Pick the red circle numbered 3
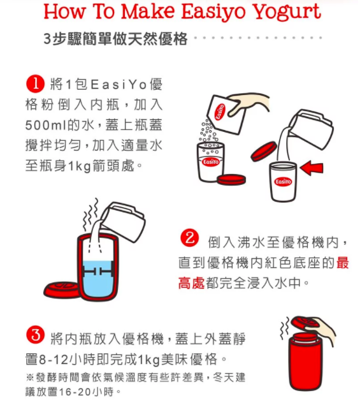click(x=34, y=334)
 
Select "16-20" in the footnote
click(x=73, y=390)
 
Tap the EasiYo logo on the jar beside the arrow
click(x=282, y=182)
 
